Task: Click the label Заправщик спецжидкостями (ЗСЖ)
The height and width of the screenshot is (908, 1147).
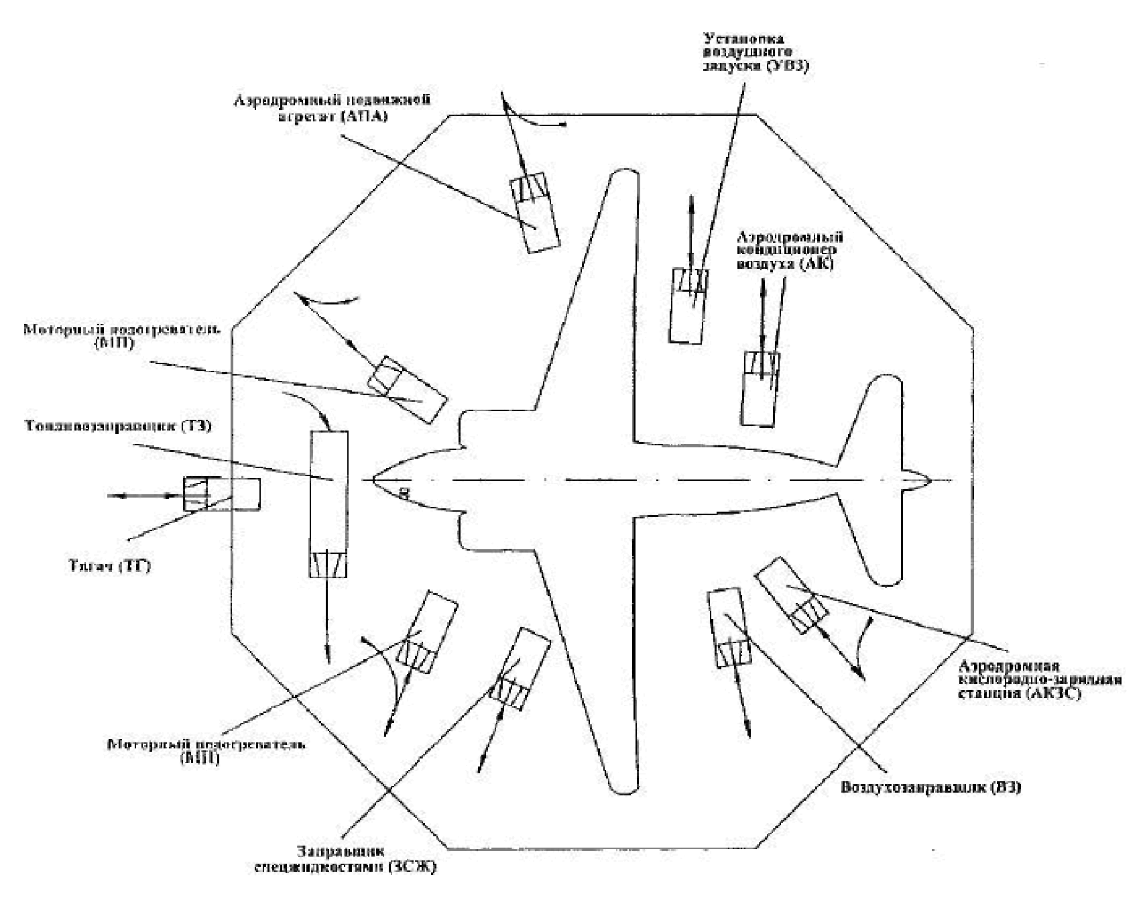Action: tap(346, 859)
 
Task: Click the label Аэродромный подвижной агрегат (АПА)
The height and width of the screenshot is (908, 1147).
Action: tap(331, 108)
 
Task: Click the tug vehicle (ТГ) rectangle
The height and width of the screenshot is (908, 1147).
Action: tap(222, 494)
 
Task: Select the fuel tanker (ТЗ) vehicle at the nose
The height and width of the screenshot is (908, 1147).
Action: tap(328, 504)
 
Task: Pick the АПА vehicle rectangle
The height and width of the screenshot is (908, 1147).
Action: tap(534, 213)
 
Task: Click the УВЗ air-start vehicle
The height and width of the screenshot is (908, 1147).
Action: tap(689, 305)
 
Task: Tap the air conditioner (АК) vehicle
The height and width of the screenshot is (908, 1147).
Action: tap(760, 388)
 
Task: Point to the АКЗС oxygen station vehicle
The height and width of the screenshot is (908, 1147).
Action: tap(791, 594)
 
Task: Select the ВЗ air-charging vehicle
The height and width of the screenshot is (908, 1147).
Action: tap(728, 627)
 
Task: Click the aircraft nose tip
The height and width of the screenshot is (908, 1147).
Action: tap(374, 480)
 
